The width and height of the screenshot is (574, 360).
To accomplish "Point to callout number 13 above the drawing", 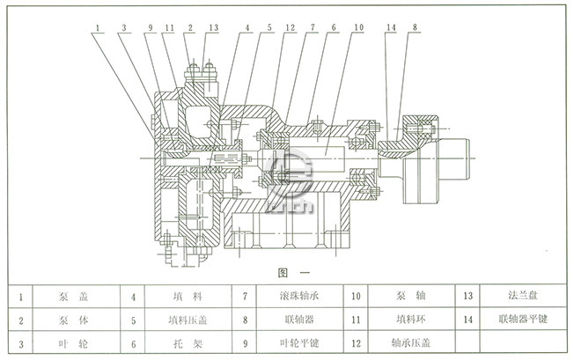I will tap(214, 28).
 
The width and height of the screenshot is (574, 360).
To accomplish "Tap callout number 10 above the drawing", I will tap(358, 28).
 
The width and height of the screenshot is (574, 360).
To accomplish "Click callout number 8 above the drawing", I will tap(414, 28).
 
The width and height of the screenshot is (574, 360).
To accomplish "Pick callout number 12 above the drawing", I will tap(289, 28).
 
